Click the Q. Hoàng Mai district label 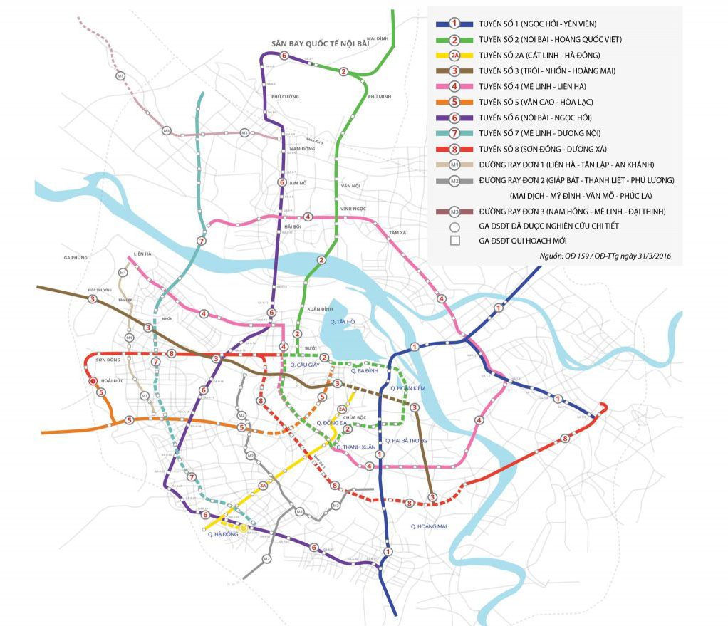[x=428, y=526]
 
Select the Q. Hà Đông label [x=222, y=533]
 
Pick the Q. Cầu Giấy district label [x=304, y=365]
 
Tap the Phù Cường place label [x=285, y=96]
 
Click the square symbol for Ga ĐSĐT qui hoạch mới [x=454, y=241]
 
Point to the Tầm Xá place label [x=397, y=233]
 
